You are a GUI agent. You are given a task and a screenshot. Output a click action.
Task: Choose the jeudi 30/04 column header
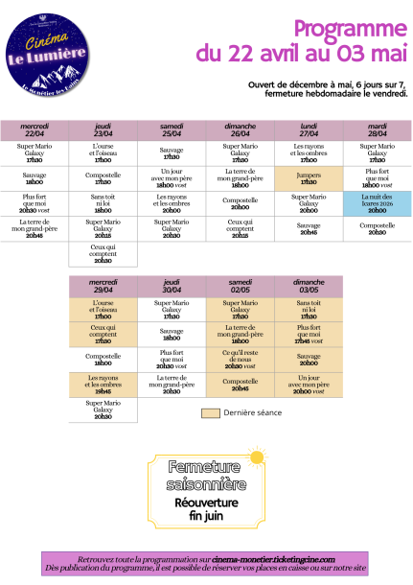coord(172,286)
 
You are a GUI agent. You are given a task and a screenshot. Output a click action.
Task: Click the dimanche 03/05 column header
coord(309,286)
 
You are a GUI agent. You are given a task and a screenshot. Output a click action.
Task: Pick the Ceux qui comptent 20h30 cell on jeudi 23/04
coord(103,253)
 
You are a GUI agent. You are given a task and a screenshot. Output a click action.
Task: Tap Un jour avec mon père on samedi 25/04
coord(172,177)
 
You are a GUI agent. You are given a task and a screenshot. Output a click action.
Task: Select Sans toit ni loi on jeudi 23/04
coord(103,202)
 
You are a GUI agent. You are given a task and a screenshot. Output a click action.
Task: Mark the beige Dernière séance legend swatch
coord(212,413)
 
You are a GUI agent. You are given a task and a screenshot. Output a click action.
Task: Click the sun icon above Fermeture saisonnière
coord(254,455)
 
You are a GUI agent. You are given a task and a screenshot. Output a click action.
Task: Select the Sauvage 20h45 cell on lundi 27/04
coord(309,229)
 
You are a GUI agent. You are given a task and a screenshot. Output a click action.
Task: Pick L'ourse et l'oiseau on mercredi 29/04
coord(103,311)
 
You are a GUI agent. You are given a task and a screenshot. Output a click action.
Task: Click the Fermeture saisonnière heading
coord(206,474)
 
